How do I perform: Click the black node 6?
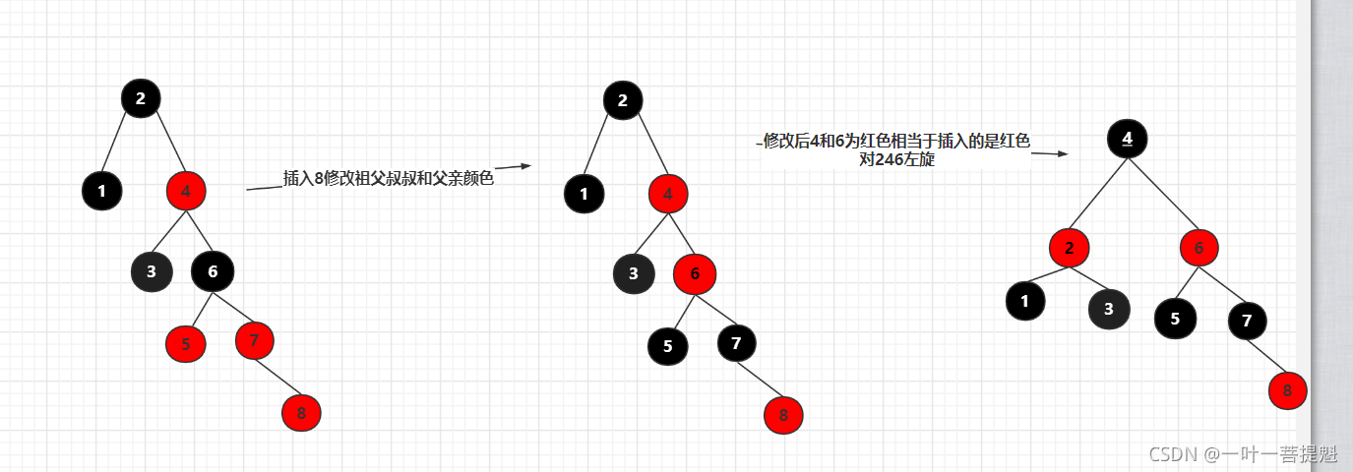click(x=213, y=271)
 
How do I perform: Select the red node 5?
click(x=186, y=343)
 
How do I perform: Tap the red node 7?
click(x=255, y=340)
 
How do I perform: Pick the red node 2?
click(x=1069, y=248)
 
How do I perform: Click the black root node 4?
click(x=1127, y=139)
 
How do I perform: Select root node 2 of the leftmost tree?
click(x=141, y=98)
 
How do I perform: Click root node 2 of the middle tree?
click(x=623, y=99)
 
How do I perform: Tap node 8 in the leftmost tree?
click(x=301, y=413)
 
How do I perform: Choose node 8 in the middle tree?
click(x=783, y=414)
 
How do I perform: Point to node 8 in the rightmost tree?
click(x=1287, y=391)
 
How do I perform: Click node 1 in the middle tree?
click(x=584, y=194)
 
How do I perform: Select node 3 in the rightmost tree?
click(x=1109, y=309)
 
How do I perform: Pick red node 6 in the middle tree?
click(x=695, y=273)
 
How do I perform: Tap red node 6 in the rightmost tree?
click(x=1199, y=248)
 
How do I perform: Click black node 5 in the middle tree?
click(x=668, y=345)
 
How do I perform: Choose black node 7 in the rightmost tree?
click(x=1247, y=321)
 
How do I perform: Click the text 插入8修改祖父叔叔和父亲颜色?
click(x=388, y=179)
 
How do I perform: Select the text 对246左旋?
click(x=896, y=159)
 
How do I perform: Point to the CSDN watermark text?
click(x=1243, y=453)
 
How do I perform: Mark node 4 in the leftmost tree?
click(x=186, y=191)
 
